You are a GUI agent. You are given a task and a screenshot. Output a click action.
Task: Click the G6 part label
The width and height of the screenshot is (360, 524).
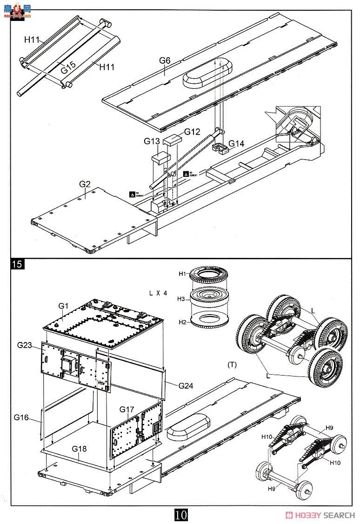tap(165, 60)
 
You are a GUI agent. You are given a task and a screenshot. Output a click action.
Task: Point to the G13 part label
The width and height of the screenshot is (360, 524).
tap(152, 141)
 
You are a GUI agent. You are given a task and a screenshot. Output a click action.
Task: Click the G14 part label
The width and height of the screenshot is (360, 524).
tap(236, 144)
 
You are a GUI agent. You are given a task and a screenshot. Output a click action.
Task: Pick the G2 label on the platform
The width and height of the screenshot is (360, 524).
tap(84, 184)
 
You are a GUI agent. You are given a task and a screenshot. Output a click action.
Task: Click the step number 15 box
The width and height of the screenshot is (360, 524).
tap(17, 264)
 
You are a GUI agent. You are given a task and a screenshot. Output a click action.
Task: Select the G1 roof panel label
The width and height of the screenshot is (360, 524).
tap(63, 306)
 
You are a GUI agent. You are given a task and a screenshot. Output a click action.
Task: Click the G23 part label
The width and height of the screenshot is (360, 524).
tap(26, 345)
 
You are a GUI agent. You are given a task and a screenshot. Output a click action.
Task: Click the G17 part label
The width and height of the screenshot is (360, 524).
tap(127, 410)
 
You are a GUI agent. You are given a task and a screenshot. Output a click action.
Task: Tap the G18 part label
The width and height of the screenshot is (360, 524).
tap(80, 449)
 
